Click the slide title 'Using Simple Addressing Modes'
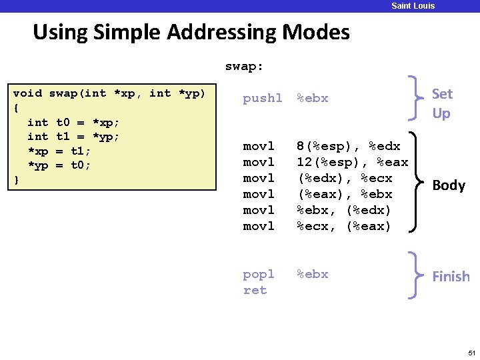[191, 31]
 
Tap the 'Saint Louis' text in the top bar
[413, 6]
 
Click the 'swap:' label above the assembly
[244, 67]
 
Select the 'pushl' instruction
[263, 99]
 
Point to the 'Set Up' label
[441, 103]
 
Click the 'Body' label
[449, 185]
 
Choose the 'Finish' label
[451, 276]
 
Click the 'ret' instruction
[255, 290]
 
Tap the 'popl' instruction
[259, 274]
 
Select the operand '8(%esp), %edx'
[349, 146]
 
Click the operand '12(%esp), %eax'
[352, 162]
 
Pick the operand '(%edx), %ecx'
[345, 178]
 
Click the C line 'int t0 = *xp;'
[73, 123]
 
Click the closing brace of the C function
[17, 180]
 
